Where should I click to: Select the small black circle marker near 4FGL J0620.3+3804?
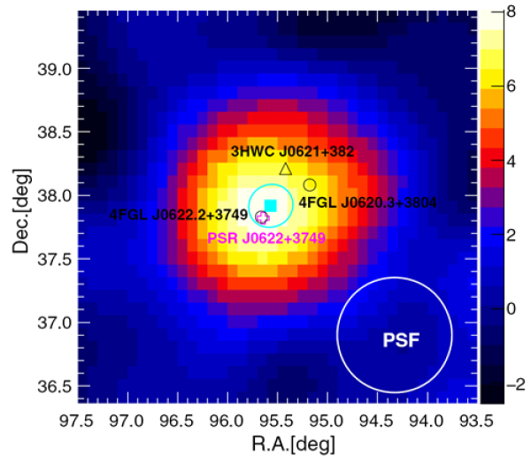310,185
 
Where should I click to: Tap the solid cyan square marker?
271,205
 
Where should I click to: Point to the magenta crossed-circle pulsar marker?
262,216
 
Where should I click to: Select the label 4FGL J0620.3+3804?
367,202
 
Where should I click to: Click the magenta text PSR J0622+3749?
261,238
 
